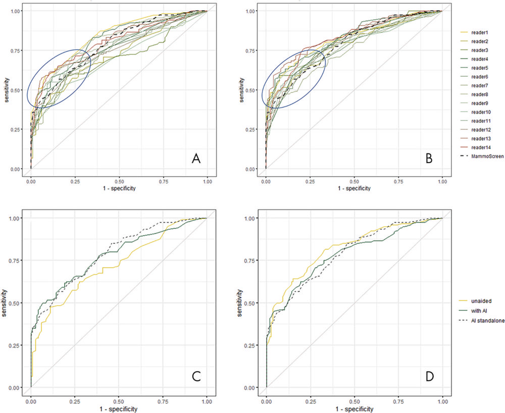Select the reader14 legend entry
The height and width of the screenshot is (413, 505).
480,147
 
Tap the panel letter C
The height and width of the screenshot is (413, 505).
197,377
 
